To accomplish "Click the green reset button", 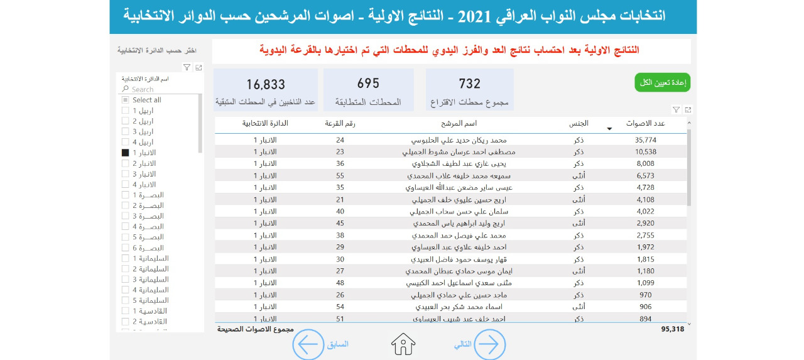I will click(x=663, y=82).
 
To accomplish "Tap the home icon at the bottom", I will click(x=403, y=344).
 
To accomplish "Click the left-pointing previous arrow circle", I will click(x=308, y=344).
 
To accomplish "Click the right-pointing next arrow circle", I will click(x=489, y=344).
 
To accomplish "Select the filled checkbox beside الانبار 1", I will click(x=125, y=153).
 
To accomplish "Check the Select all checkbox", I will click(x=125, y=100).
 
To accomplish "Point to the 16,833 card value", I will click(x=266, y=84).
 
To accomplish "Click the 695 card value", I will click(x=368, y=84).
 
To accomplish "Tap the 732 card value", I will click(x=469, y=84).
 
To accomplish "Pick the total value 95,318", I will click(x=672, y=329).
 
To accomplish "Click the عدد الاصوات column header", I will click(x=646, y=124).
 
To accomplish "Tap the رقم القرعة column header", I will click(x=340, y=124).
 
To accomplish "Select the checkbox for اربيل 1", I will click(x=125, y=111).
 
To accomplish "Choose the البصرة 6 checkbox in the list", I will click(x=125, y=248).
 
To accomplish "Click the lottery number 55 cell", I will click(x=340, y=175).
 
